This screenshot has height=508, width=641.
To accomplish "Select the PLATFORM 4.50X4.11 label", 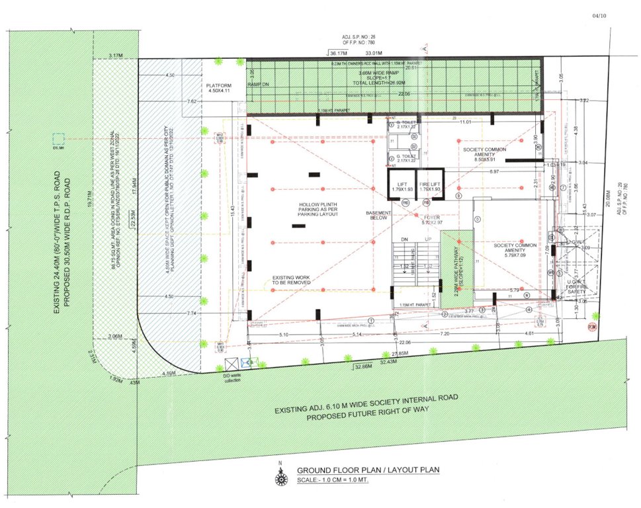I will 219,89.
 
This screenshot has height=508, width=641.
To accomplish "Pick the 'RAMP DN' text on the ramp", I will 258,85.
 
